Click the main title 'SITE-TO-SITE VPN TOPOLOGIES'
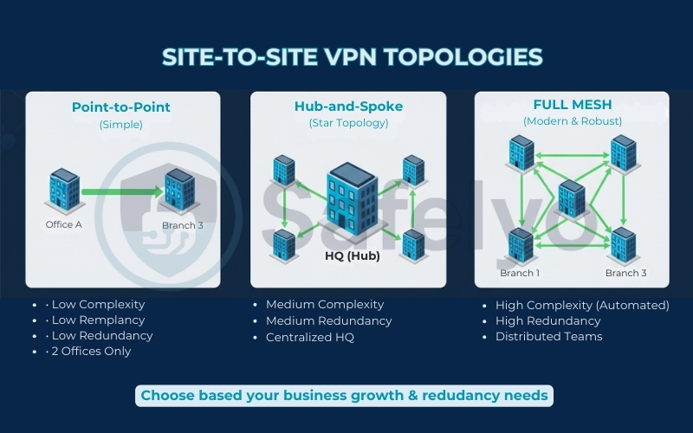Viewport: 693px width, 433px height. [352, 57]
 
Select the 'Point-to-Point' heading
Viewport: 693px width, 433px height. [121, 107]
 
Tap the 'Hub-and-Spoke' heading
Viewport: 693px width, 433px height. [348, 107]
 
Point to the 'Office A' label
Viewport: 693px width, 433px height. [64, 224]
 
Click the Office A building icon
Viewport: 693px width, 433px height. [64, 189]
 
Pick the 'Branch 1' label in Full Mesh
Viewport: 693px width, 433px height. [520, 273]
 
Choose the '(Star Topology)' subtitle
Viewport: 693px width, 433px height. [348, 123]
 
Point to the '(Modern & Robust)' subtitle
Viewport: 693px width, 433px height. [572, 121]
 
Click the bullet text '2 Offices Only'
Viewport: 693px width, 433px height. [91, 351]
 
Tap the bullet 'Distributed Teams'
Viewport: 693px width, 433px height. [548, 336]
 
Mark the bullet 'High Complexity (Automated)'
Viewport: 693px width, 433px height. [582, 305]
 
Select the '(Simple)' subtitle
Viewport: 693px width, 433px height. [121, 124]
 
